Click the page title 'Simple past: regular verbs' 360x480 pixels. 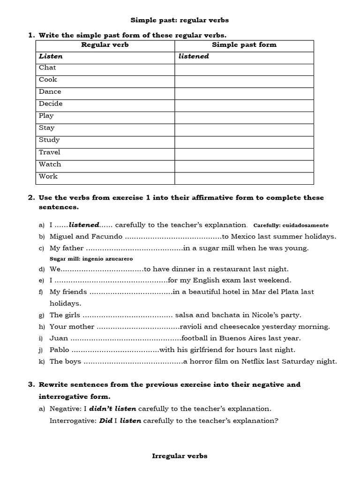[x=180, y=21]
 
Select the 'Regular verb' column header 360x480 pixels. [x=105, y=45]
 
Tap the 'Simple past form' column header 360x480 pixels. [x=244, y=45]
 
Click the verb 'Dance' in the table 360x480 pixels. [x=50, y=91]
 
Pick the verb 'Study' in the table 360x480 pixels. [x=49, y=140]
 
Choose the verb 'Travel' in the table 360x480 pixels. [x=50, y=152]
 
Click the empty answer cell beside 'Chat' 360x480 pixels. [x=244, y=69]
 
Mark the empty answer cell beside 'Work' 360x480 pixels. [x=244, y=178]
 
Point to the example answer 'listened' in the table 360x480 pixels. [x=194, y=56]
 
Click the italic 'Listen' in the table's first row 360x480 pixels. [x=51, y=56]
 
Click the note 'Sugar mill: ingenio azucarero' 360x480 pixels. [x=91, y=259]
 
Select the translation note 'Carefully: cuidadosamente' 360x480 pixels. [x=291, y=225]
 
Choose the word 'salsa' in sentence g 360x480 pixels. [x=185, y=315]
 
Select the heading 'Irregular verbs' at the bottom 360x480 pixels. [x=180, y=456]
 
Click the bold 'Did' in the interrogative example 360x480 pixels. [x=105, y=420]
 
